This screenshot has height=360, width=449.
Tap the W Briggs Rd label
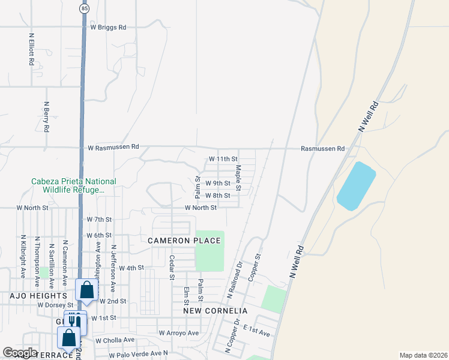click(109, 27)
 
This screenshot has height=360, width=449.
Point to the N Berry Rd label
click(46, 116)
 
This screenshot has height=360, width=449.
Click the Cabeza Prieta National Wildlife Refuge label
click(74, 185)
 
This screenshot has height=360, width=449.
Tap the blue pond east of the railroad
click(356, 185)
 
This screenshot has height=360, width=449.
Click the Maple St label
click(238, 178)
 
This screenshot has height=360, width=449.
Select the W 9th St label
click(218, 184)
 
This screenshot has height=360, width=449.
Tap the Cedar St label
click(172, 268)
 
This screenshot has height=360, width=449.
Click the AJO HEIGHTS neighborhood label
click(38, 296)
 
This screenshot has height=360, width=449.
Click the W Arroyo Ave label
click(178, 333)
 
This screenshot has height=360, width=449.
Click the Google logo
click(20, 353)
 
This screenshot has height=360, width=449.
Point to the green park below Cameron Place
click(209, 251)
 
